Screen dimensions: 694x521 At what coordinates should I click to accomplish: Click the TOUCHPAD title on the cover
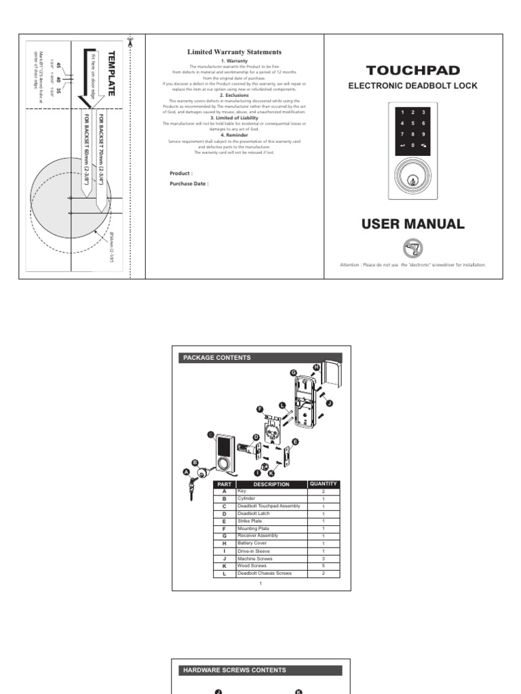412,70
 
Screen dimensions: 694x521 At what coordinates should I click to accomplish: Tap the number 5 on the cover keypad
412,123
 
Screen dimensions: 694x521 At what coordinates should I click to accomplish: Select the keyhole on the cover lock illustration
412,180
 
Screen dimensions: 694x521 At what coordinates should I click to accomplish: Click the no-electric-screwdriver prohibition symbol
412,247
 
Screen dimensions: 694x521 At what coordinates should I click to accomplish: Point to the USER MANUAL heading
412,224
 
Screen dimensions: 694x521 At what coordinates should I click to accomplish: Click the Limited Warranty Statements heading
234,52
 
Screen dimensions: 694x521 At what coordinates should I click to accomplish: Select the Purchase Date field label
189,184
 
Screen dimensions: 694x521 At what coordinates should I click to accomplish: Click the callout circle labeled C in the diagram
210,434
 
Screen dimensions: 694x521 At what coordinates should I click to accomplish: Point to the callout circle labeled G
294,373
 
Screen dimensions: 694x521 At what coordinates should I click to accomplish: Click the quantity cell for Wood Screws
323,566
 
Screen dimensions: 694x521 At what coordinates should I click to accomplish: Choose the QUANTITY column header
323,484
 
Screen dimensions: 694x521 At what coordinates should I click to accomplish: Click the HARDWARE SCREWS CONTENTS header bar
261,670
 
